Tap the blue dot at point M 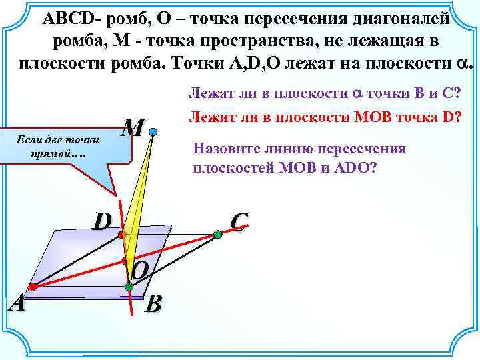[x=153, y=133]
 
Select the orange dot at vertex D [x=122, y=235]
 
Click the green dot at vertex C [x=217, y=234]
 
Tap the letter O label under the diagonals [x=141, y=270]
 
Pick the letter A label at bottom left [x=17, y=303]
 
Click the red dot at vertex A [x=32, y=287]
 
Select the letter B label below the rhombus [x=153, y=304]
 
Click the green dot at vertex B [x=129, y=287]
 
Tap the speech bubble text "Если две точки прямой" [x=57, y=147]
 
